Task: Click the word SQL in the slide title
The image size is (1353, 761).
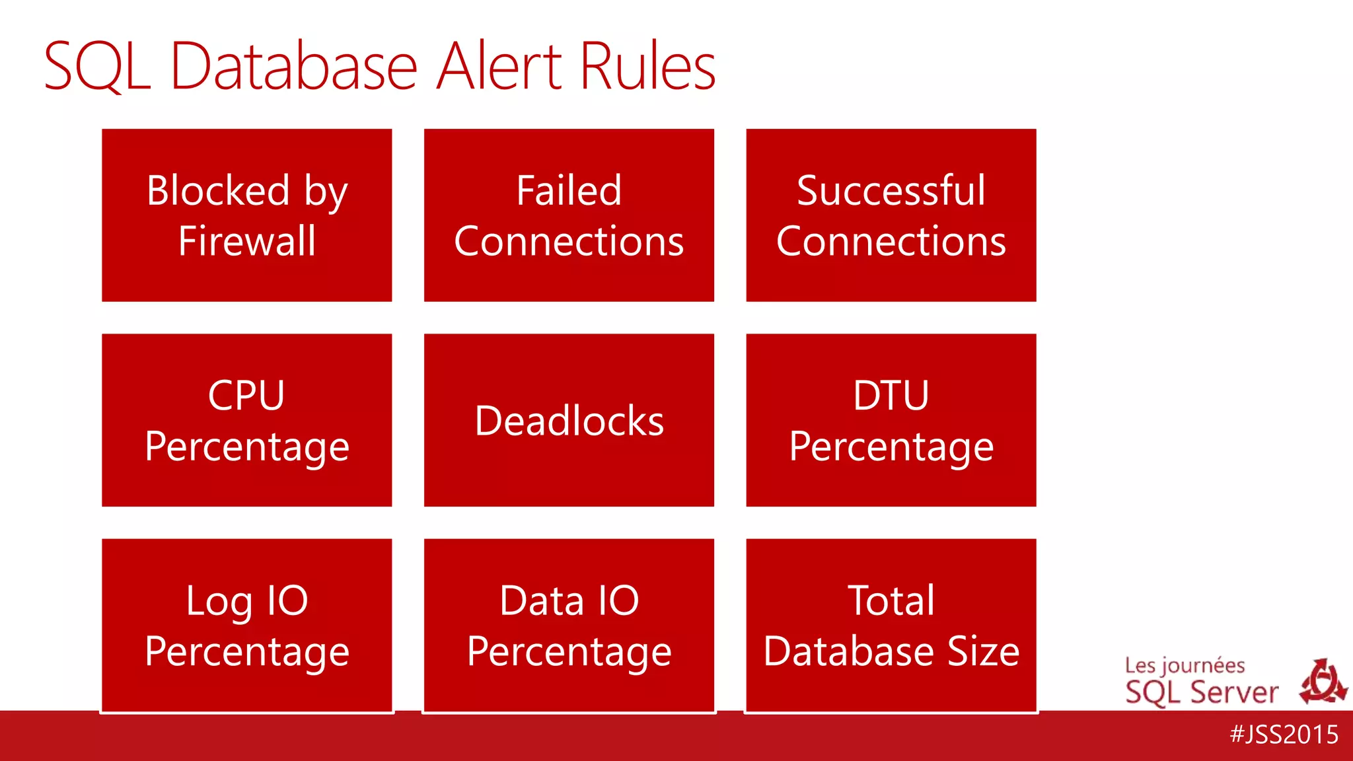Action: click(x=97, y=67)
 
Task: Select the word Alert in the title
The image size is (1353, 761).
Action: click(x=498, y=66)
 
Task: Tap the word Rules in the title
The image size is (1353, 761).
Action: click(x=647, y=66)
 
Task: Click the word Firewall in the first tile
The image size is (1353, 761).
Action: click(x=247, y=241)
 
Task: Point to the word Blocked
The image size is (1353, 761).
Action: click(x=218, y=191)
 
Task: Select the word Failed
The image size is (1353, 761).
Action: click(x=569, y=191)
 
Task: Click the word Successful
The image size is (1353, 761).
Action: click(x=891, y=191)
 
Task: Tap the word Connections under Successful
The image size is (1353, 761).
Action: click(x=891, y=241)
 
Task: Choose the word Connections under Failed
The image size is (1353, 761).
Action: click(x=569, y=241)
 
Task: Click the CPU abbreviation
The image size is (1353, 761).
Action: click(x=246, y=396)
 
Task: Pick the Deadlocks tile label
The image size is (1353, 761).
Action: click(x=569, y=421)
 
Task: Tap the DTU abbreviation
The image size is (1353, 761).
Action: click(x=891, y=396)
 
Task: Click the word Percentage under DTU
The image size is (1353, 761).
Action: click(x=891, y=447)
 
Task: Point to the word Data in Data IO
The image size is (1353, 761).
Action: click(x=542, y=601)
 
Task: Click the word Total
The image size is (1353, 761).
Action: click(x=891, y=601)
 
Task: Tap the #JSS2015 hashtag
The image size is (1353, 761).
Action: click(x=1284, y=735)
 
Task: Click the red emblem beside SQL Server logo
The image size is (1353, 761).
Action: click(x=1322, y=682)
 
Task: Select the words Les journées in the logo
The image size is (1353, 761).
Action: click(x=1185, y=665)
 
